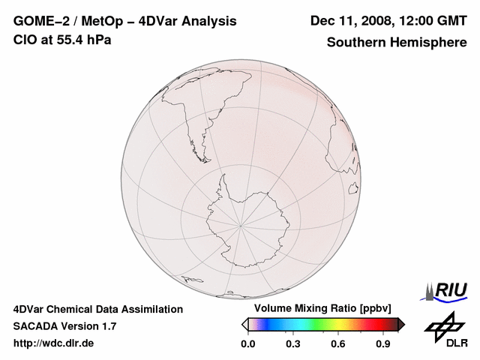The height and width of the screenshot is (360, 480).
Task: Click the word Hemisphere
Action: tap(430, 42)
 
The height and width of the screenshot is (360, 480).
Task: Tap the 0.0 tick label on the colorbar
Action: tap(247, 343)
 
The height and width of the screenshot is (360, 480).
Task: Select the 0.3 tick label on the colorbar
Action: tap(293, 343)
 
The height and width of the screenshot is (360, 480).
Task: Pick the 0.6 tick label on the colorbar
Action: tap(338, 343)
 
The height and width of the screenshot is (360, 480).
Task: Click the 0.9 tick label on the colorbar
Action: tap(384, 343)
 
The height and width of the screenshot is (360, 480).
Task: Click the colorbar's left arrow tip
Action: tap(244, 324)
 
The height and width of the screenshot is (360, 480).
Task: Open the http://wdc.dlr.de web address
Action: tap(54, 343)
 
